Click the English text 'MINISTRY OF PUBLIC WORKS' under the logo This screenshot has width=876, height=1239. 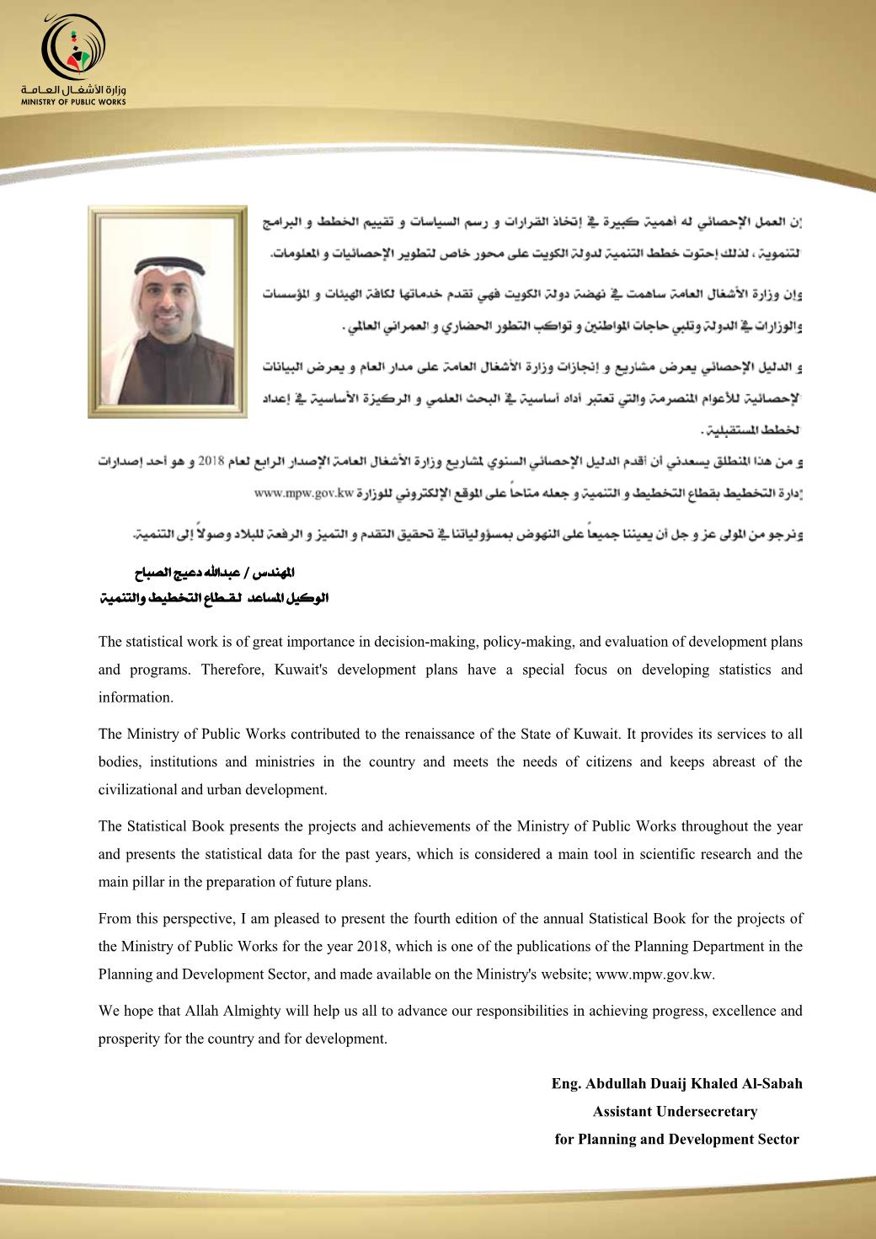pyautogui.click(x=74, y=102)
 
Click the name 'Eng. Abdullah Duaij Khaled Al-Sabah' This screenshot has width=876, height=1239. pyautogui.click(x=676, y=1083)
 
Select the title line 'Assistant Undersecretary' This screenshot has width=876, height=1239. pyautogui.click(x=675, y=1111)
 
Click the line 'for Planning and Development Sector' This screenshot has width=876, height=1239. pyautogui.click(x=676, y=1139)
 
